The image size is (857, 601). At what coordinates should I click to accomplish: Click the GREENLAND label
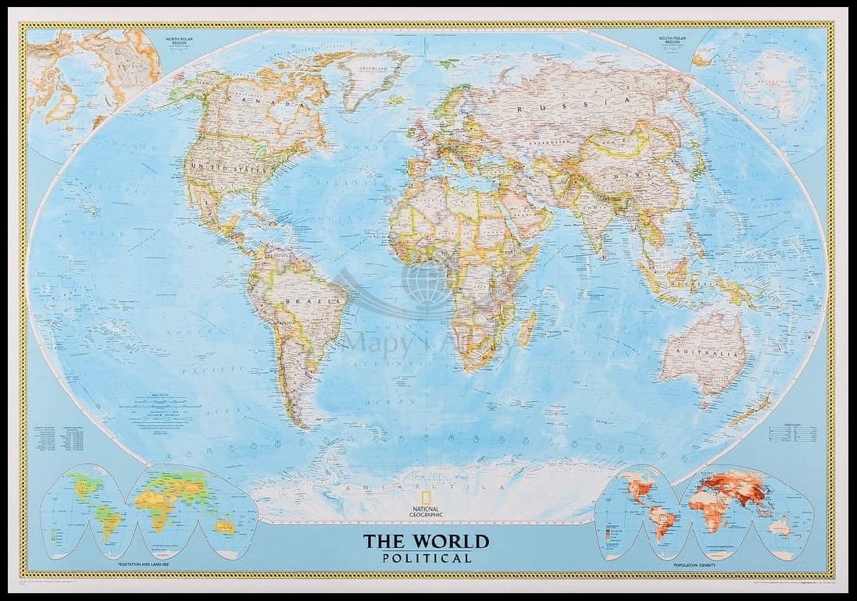point(373,69)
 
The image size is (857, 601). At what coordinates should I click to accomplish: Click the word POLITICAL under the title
point(427,558)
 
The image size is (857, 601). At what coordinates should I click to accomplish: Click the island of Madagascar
point(527,329)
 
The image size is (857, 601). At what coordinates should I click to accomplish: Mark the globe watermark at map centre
point(426,286)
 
